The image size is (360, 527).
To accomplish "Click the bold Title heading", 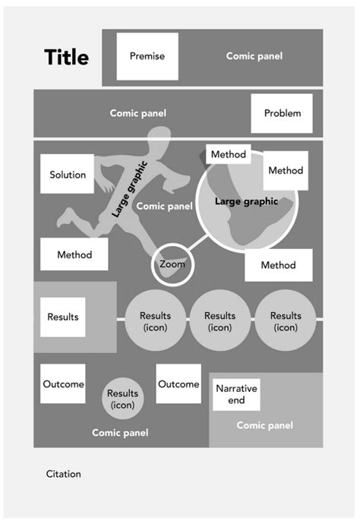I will (x=66, y=57).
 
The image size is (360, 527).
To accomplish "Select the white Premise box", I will (x=147, y=56).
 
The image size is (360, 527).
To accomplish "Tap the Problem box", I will (x=282, y=113).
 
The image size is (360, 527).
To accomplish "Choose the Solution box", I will (x=67, y=175).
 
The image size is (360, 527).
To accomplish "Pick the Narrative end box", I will (x=236, y=394).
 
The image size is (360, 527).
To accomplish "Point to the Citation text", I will (x=63, y=474).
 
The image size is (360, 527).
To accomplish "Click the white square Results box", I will (x=62, y=317).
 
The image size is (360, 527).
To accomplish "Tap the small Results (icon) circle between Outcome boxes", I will (x=122, y=398).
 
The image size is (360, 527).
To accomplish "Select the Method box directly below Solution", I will (x=74, y=255).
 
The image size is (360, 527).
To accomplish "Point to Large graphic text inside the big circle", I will (x=246, y=202).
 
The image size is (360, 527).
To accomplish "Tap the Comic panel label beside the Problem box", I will (x=137, y=113).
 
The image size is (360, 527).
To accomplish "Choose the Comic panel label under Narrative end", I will (x=264, y=425).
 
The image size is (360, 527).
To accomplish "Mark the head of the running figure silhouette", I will (x=159, y=140).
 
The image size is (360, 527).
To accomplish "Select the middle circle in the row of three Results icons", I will (x=220, y=321).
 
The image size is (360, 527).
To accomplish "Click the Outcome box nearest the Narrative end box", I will (x=178, y=384).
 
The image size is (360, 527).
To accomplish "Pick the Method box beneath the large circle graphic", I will (x=278, y=265).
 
